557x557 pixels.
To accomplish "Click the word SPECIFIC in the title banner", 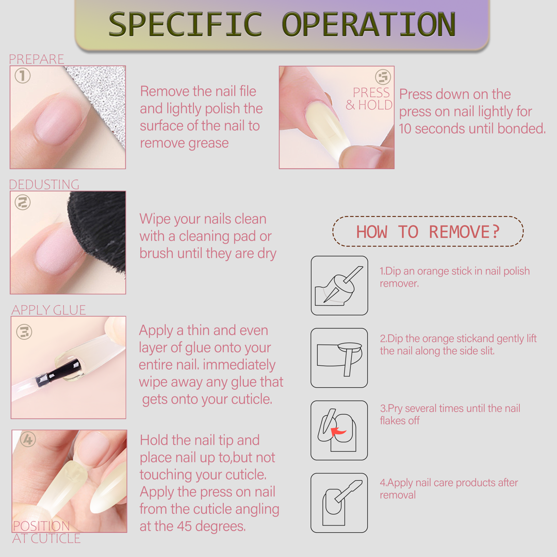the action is point(185,24).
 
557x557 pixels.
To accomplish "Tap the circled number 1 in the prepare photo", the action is point(22,76).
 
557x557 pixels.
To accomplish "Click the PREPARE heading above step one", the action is point(37,59).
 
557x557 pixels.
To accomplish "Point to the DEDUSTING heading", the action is point(44,184).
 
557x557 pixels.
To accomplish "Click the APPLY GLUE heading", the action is point(48,310).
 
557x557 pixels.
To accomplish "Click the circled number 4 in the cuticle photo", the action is point(28,439).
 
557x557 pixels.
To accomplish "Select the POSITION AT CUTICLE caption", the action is point(46,532).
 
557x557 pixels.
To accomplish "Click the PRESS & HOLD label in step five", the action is point(369,99).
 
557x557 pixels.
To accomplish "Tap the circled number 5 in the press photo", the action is point(383,77).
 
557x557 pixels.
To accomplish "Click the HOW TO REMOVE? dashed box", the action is point(428,231).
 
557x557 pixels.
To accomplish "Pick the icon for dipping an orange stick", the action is point(339,286).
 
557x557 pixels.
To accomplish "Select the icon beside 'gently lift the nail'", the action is point(339,358).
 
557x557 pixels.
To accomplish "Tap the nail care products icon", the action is point(339,503).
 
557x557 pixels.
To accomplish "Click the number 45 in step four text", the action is point(184,526).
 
